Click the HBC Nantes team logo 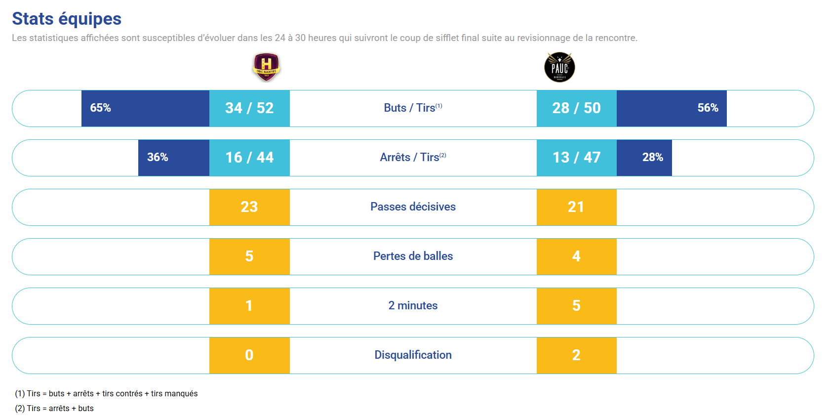(266, 67)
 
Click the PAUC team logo (559, 67)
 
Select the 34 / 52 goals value (249, 108)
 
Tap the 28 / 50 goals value (576, 108)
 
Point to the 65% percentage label (101, 108)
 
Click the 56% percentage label (708, 108)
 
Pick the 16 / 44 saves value (249, 158)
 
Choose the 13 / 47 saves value (576, 158)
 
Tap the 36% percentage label (158, 158)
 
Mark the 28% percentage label (652, 158)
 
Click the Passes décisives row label (413, 207)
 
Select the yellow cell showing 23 (249, 207)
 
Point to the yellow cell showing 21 (576, 207)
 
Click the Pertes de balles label (413, 256)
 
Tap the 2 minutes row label (413, 306)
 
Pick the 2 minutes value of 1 (249, 306)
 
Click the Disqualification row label (413, 355)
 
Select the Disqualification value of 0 (249, 355)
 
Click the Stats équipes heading (67, 19)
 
